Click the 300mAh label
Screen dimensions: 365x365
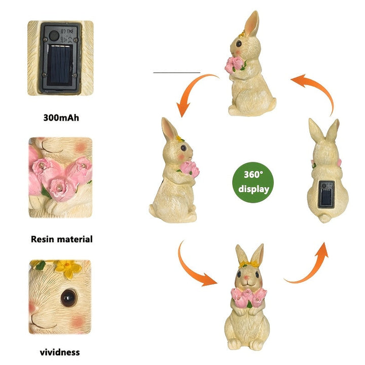[61, 118]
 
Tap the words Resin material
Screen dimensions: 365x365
[62, 239]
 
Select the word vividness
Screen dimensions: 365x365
[60, 352]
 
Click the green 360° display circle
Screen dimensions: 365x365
[253, 182]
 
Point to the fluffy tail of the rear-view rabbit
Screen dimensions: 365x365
[324, 218]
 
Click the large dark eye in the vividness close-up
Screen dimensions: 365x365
[68, 298]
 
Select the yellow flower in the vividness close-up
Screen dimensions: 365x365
[68, 269]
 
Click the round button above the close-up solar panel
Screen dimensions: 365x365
[54, 35]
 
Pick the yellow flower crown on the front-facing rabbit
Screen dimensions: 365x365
[249, 264]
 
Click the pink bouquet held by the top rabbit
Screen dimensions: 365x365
[235, 64]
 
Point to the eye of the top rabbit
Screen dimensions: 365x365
[239, 44]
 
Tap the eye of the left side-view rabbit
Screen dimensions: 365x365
[184, 148]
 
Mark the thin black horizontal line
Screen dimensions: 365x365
[177, 72]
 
